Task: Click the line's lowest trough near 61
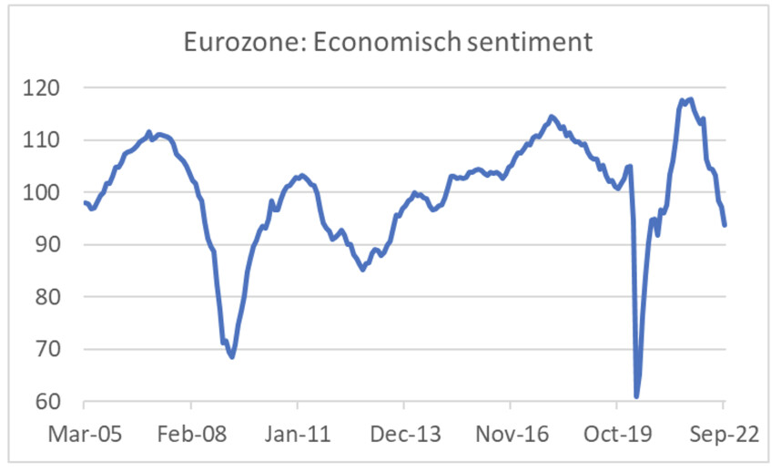click(636, 396)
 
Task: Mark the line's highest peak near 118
click(690, 99)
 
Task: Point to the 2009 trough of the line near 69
click(232, 356)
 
